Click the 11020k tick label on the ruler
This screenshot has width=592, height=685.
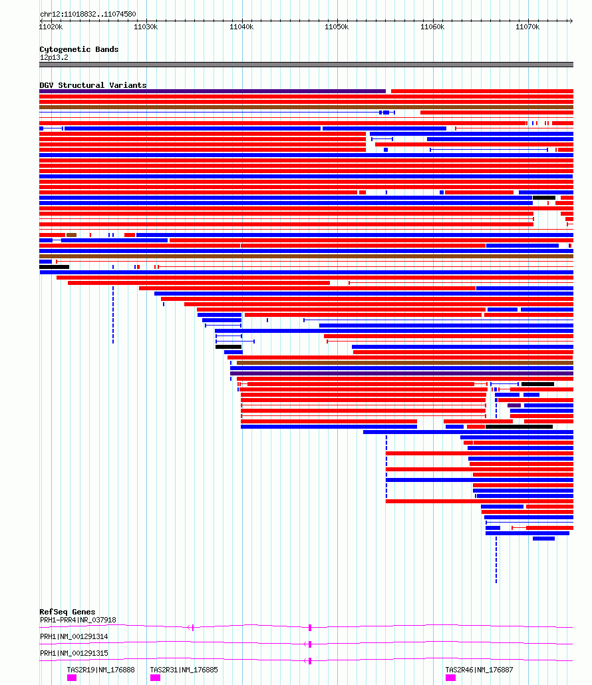coord(51,27)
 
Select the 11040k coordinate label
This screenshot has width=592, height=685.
coord(241,27)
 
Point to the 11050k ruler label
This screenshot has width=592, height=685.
coord(337,27)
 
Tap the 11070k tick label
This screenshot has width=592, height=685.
coord(527,27)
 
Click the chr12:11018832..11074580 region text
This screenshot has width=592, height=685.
coord(88,14)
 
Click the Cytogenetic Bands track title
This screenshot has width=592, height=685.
coord(79,49)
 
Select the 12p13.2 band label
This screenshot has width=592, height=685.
coord(54,58)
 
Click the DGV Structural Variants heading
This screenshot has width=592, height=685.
coord(93,85)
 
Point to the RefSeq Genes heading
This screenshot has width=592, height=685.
coord(67,612)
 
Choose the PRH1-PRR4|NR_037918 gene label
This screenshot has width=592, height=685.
coord(78,620)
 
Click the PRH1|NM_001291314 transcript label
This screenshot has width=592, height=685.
coord(74,636)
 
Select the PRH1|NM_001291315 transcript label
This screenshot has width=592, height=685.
coord(74,653)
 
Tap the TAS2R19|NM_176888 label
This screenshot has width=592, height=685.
coord(101,670)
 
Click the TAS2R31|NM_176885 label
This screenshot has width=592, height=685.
coord(184,670)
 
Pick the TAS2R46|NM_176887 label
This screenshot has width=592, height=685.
coord(479,670)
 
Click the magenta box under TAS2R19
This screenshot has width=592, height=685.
coord(72,678)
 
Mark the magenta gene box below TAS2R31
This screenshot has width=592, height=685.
coord(155,678)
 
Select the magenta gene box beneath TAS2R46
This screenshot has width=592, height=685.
coord(450,678)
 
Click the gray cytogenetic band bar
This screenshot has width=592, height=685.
coord(306,65)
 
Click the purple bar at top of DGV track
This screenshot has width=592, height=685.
coord(213,91)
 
